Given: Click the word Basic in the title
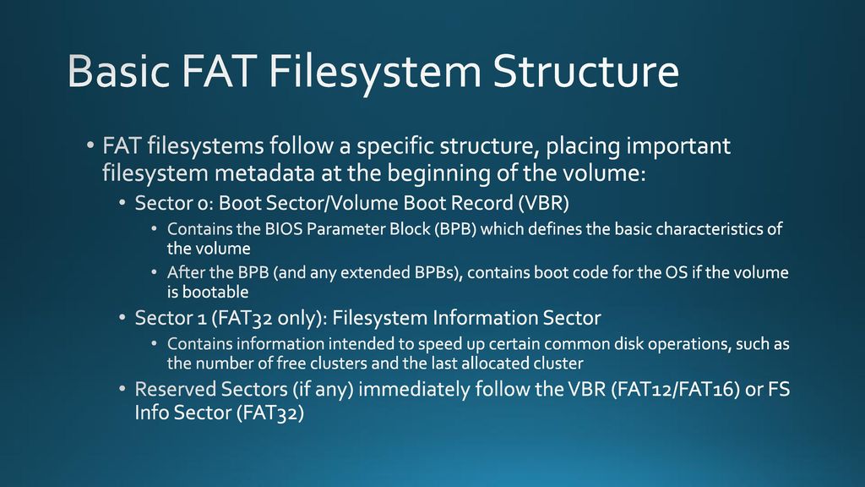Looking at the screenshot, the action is point(118,71).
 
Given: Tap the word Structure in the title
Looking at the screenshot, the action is point(585,71).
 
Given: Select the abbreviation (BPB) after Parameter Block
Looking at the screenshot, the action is point(455,229).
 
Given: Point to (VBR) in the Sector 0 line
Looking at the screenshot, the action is point(543,203).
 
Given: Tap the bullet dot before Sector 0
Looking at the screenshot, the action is point(122,204).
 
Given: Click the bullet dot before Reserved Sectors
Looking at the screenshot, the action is point(122,390).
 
